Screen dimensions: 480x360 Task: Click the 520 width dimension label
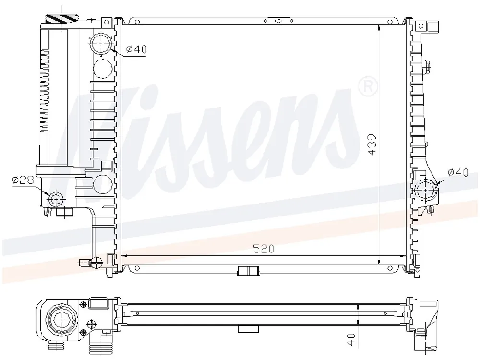coord(263,249)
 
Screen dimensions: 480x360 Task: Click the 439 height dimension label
coord(372,144)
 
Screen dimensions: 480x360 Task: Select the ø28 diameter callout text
coord(23,180)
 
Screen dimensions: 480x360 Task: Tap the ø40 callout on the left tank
coord(136,49)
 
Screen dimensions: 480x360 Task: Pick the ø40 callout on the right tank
coord(458,173)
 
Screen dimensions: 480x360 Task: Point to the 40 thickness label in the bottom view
coord(351,339)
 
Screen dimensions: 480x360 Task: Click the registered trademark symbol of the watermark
coord(368,86)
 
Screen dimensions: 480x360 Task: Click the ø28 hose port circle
coord(56,200)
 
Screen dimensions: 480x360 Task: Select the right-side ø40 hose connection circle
coord(426,190)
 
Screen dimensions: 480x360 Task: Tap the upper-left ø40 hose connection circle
coord(101,44)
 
